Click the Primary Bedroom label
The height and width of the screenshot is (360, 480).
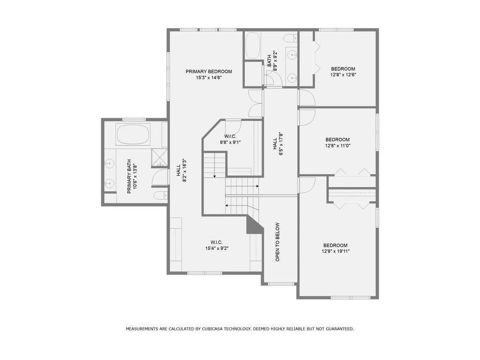coord(209,71)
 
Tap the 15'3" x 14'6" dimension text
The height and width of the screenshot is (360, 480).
coord(209,78)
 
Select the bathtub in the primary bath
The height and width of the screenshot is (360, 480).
coord(133,134)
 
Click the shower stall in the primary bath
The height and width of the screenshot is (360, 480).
coord(159,157)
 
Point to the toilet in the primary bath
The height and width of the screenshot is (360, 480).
coord(160,195)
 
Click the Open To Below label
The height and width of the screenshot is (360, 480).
coord(277,242)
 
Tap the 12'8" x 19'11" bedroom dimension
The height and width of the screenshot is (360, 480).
coord(336,251)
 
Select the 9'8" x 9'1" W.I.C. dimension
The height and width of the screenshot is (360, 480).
coord(230,142)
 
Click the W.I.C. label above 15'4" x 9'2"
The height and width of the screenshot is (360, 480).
coord(217,242)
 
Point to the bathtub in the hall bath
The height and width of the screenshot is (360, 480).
coord(253,45)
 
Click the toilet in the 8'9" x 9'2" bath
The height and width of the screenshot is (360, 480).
coord(291,38)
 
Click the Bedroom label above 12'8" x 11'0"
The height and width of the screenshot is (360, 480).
coord(337,140)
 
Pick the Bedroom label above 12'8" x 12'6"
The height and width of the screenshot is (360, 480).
coord(343,69)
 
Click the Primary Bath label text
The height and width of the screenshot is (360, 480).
coord(129,176)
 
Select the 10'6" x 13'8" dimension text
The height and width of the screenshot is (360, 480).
coord(135,177)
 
